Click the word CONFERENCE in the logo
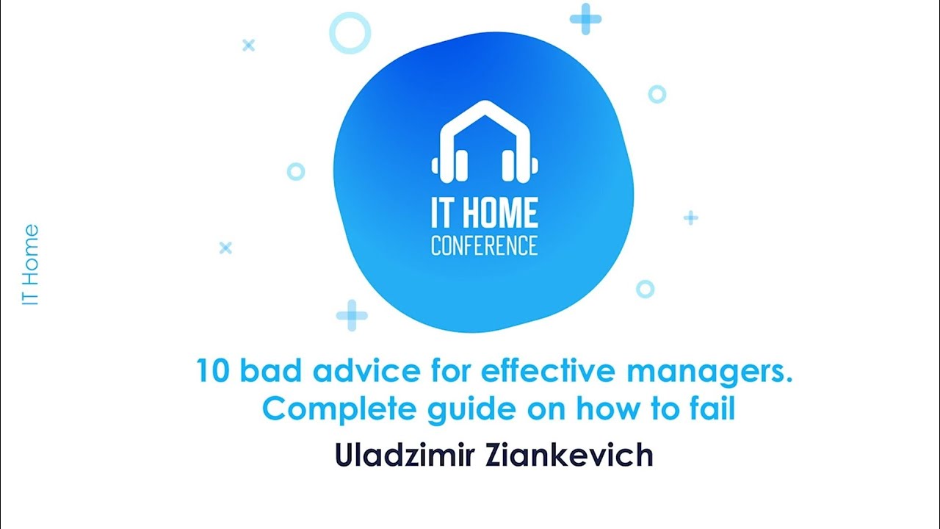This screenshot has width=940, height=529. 484,245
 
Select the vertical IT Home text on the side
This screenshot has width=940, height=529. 30,265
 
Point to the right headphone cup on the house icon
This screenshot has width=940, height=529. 524,163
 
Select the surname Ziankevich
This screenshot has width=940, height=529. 569,455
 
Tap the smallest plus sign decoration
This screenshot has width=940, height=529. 690,217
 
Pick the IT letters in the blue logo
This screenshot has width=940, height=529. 444,213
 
